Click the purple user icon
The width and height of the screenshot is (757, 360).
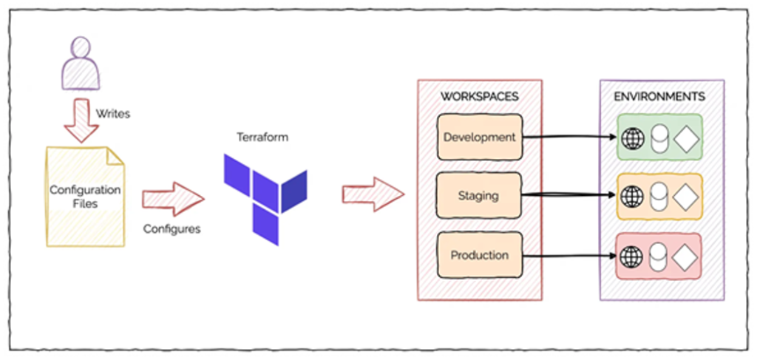tap(80, 64)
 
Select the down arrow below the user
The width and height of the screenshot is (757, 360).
tap(81, 121)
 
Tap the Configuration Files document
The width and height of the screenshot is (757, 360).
tap(85, 195)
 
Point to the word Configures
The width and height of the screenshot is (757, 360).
tap(172, 228)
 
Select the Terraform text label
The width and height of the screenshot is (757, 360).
tap(262, 137)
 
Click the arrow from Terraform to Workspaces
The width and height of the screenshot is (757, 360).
tap(373, 194)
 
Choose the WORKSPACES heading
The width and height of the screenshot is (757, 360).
tap(479, 97)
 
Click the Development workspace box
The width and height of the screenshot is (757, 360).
tap(479, 137)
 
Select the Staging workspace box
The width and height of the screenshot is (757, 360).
tap(479, 196)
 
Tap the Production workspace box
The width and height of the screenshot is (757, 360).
tap(479, 255)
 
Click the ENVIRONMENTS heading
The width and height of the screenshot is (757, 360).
tap(659, 97)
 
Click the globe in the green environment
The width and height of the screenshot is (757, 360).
tap(633, 138)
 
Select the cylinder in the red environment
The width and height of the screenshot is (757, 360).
tap(659, 257)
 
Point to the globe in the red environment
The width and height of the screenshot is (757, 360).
tap(633, 256)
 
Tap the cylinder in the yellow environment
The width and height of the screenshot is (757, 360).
tap(659, 197)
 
